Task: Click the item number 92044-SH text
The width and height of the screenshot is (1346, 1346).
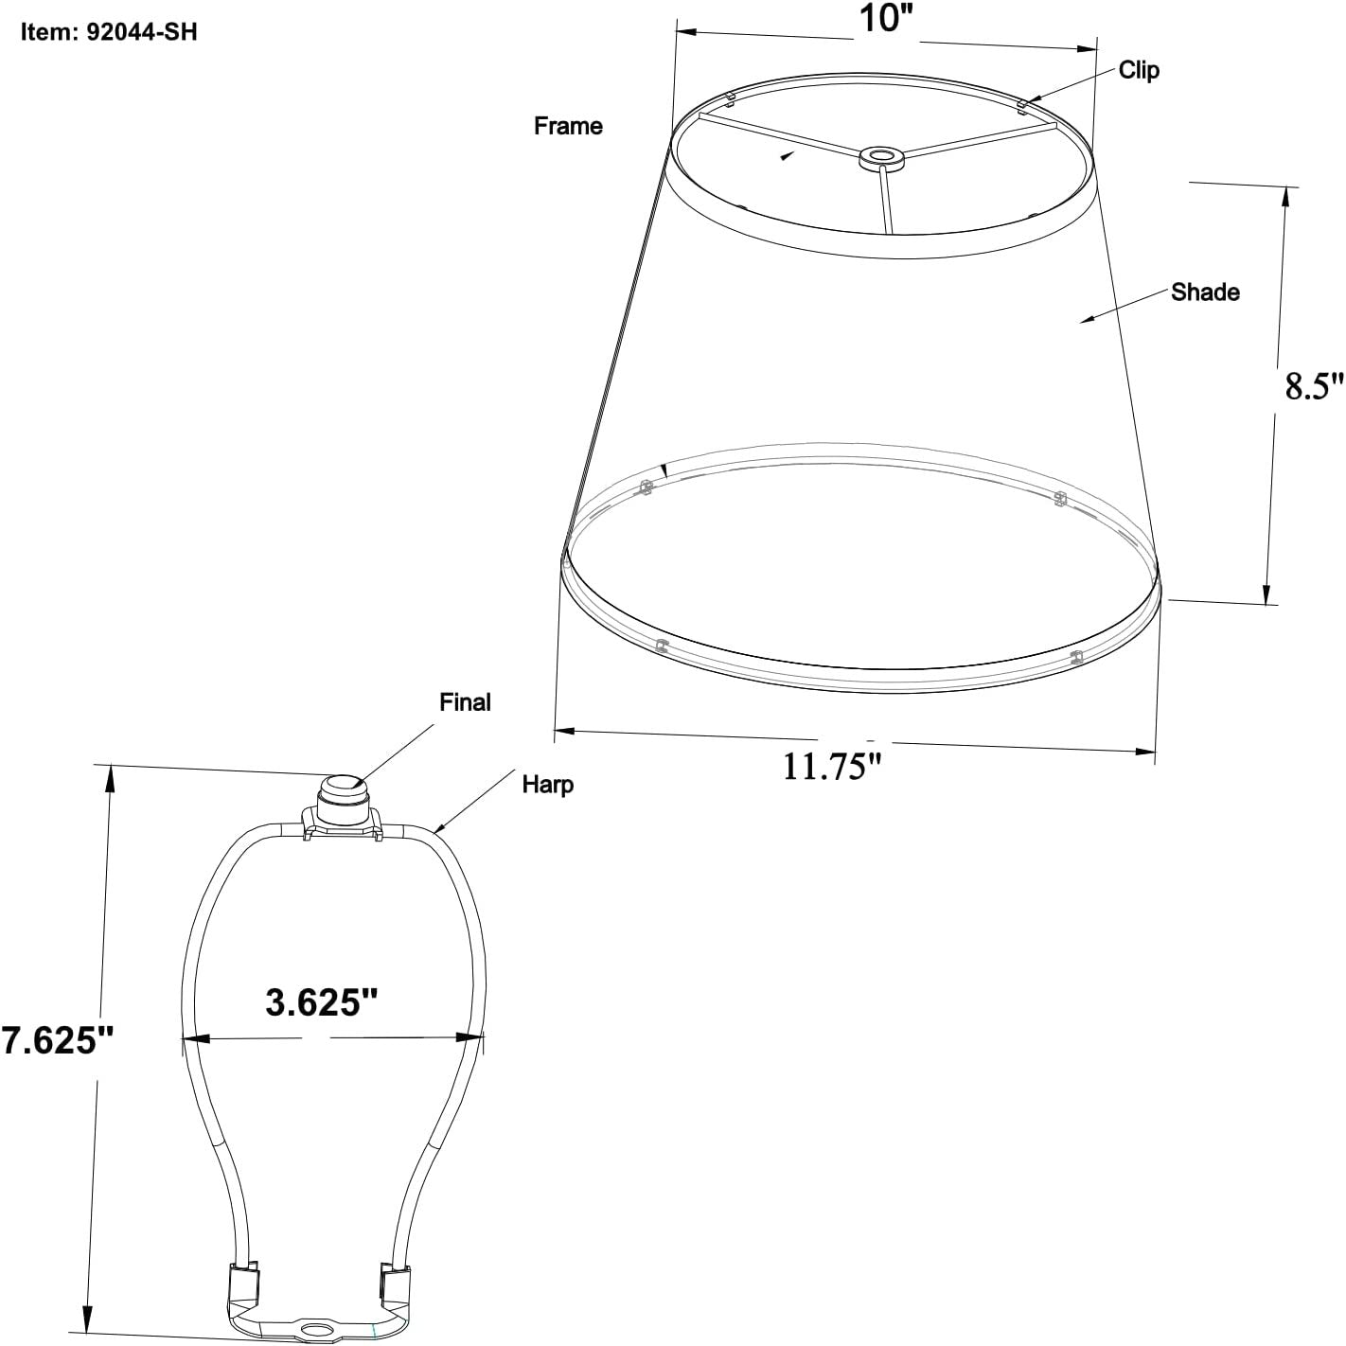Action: click(x=110, y=32)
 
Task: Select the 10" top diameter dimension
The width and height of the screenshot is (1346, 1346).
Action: click(x=884, y=19)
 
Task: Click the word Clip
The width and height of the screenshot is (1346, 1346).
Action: click(x=1139, y=70)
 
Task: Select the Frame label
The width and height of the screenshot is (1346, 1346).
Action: click(x=568, y=126)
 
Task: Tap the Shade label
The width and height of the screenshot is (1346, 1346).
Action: click(x=1205, y=292)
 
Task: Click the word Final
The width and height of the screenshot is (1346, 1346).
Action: click(x=465, y=702)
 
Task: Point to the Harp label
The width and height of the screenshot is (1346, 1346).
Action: click(x=547, y=785)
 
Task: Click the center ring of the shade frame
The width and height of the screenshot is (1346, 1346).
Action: click(x=880, y=157)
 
